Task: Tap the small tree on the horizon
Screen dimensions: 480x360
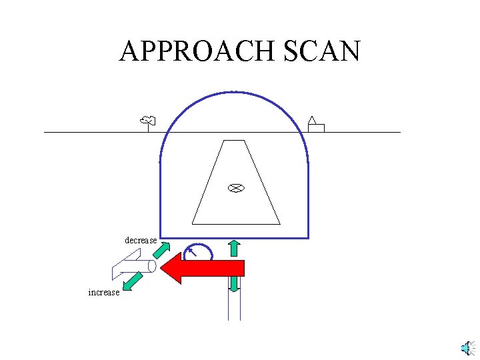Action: [x=148, y=121]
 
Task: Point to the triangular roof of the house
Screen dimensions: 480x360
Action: [x=311, y=121]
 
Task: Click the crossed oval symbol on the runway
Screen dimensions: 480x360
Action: [x=235, y=188]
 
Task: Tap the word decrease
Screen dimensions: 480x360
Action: [x=141, y=240]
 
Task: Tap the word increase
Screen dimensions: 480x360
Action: [x=103, y=292]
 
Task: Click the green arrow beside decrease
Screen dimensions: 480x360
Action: [x=161, y=249]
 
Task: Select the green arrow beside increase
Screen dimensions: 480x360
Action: [x=133, y=281]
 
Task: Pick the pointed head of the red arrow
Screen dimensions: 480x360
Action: [x=171, y=268]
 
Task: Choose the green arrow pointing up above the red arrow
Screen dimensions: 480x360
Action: [x=234, y=248]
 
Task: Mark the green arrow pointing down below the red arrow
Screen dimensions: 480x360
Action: [x=234, y=284]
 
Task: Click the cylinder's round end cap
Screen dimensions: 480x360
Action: [x=151, y=267]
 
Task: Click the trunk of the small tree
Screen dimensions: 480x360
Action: [x=148, y=127]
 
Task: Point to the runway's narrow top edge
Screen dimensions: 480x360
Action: [x=234, y=141]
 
